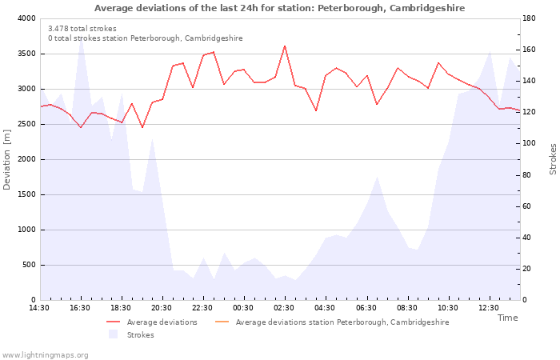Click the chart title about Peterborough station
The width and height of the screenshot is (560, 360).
[280, 8]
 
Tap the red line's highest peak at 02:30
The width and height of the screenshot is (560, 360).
[285, 46]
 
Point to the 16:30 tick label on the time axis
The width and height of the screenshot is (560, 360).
[80, 308]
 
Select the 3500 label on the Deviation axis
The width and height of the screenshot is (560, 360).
[26, 54]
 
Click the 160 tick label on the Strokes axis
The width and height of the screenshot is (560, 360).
[529, 50]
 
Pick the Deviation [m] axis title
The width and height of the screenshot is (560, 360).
[6, 160]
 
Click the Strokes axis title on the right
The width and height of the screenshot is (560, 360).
[553, 159]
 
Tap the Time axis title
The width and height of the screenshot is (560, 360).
[507, 318]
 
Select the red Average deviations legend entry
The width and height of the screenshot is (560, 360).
[152, 322]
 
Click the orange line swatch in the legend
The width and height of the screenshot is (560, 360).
[222, 322]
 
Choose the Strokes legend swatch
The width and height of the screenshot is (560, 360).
[114, 334]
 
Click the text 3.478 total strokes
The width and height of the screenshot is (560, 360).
[82, 29]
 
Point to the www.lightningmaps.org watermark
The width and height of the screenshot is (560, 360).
[45, 355]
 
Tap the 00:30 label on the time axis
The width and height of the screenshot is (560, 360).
[243, 308]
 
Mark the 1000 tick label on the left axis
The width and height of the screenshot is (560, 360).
[26, 230]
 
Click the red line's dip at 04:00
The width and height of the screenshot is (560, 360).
[316, 110]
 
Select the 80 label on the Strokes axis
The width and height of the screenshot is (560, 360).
[526, 175]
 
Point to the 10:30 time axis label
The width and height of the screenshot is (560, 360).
[448, 308]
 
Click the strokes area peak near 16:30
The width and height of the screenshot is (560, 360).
[82, 39]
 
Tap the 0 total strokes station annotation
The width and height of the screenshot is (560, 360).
[146, 38]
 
